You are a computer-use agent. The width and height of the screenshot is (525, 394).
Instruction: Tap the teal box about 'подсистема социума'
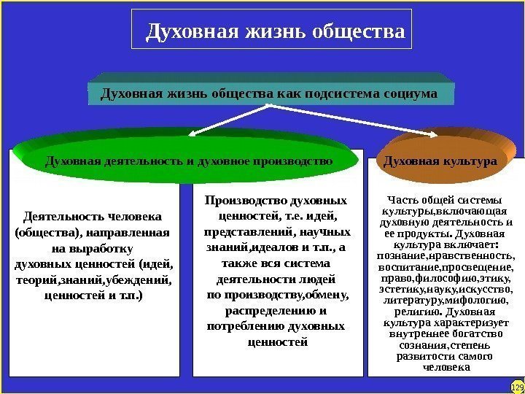click(269, 94)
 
